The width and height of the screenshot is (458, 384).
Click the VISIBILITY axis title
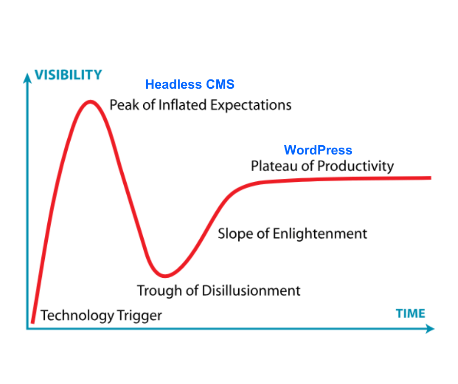click(x=68, y=75)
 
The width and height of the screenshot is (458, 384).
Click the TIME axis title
click(x=410, y=313)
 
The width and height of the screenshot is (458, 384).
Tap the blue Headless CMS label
click(x=190, y=84)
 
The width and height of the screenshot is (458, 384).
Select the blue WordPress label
click(x=318, y=150)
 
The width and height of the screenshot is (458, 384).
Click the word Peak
click(x=125, y=105)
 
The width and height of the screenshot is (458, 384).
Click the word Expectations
click(x=251, y=105)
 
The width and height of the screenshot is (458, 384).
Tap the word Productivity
click(x=356, y=167)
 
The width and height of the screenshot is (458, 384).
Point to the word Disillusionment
click(x=251, y=291)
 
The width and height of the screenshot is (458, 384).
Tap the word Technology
click(x=77, y=316)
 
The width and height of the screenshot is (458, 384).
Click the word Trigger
click(x=139, y=316)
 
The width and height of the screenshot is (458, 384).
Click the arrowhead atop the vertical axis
click(x=27, y=78)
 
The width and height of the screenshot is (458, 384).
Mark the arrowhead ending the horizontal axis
click(x=430, y=328)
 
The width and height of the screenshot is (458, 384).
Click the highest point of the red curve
click(x=90, y=102)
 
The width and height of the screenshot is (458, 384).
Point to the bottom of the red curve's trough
click(x=165, y=276)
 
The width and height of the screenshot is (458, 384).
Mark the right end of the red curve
click(x=431, y=178)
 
